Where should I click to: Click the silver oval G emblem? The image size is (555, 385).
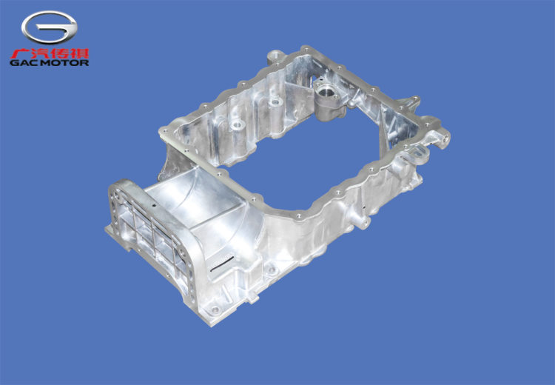click(49, 27)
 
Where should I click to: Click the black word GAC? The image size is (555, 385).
click(24, 63)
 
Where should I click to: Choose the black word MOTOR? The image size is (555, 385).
click(64, 63)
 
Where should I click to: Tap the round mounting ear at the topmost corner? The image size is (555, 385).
click(277, 56)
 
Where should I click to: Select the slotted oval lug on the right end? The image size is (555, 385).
click(419, 154)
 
